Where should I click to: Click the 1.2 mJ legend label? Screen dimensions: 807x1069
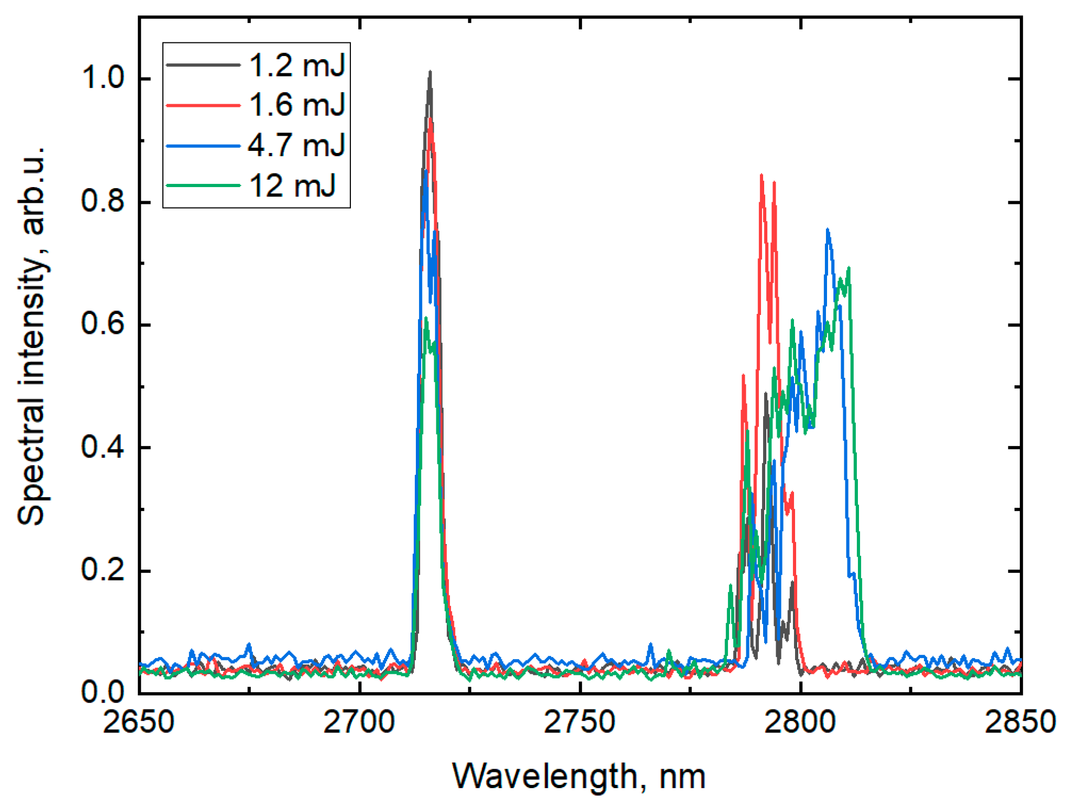tap(296, 65)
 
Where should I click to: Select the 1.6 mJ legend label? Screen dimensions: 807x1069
tap(296, 105)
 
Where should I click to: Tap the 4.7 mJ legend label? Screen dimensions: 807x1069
tap(296, 145)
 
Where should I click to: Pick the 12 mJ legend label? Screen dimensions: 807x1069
tap(292, 186)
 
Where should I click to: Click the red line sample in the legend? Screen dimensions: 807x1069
tap(203, 105)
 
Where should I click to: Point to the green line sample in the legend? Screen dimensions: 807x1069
tap(203, 186)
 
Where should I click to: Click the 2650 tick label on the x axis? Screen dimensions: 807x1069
tap(138, 722)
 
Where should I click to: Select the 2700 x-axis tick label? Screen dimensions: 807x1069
tap(359, 722)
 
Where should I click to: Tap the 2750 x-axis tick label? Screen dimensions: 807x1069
tap(580, 722)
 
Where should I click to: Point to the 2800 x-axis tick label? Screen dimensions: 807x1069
tap(800, 722)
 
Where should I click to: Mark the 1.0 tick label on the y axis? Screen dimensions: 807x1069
tap(103, 79)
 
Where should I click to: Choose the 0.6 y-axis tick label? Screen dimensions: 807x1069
tap(103, 324)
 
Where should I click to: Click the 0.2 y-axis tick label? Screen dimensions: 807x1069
tap(103, 570)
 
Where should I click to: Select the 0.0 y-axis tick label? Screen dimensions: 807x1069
tap(103, 693)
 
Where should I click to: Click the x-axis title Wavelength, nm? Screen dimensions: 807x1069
tap(579, 777)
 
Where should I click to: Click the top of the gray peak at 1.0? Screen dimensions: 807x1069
tap(430, 72)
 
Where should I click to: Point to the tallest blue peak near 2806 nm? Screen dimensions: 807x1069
tap(828, 230)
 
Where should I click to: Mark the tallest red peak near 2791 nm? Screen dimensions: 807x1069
tap(761, 176)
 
